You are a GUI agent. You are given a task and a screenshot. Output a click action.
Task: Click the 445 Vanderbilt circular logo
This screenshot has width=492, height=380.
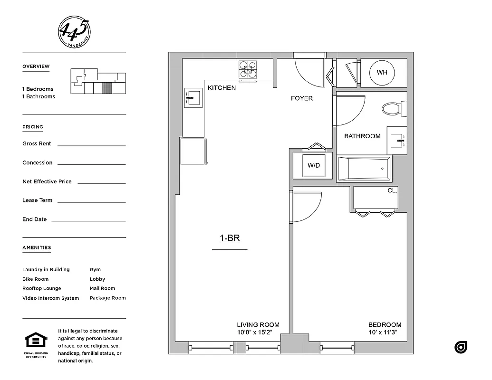tap(74, 31)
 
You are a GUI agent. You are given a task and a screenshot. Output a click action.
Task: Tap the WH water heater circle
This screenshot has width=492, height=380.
tap(382, 73)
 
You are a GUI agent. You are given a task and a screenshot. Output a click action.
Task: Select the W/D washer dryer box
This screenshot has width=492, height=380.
tap(313, 165)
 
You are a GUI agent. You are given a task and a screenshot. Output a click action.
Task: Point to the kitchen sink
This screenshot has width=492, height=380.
tap(193, 98)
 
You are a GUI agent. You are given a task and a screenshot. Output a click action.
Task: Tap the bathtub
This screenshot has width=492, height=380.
tap(364, 169)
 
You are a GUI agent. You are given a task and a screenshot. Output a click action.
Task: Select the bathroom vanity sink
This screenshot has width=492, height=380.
tap(397, 140)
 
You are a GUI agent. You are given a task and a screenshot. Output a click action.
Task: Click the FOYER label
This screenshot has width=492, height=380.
tap(302, 98)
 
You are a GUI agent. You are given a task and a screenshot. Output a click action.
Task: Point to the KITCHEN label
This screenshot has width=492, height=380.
tap(222, 88)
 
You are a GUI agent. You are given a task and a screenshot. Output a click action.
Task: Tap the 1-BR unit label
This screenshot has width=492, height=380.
tap(230, 238)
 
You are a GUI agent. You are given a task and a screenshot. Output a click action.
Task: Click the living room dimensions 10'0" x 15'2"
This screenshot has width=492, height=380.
tap(258, 332)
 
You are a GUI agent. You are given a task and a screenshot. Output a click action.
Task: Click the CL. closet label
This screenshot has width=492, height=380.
tap(392, 190)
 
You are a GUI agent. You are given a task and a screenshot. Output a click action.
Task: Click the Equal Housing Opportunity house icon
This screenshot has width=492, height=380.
tap(36, 341)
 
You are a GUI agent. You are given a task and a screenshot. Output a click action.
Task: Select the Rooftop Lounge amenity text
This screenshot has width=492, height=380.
tap(42, 288)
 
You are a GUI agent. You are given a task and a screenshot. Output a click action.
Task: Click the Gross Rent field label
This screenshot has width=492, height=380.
tap(37, 143)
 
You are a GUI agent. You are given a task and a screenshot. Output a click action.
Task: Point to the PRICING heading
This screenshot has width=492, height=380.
tap(33, 127)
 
